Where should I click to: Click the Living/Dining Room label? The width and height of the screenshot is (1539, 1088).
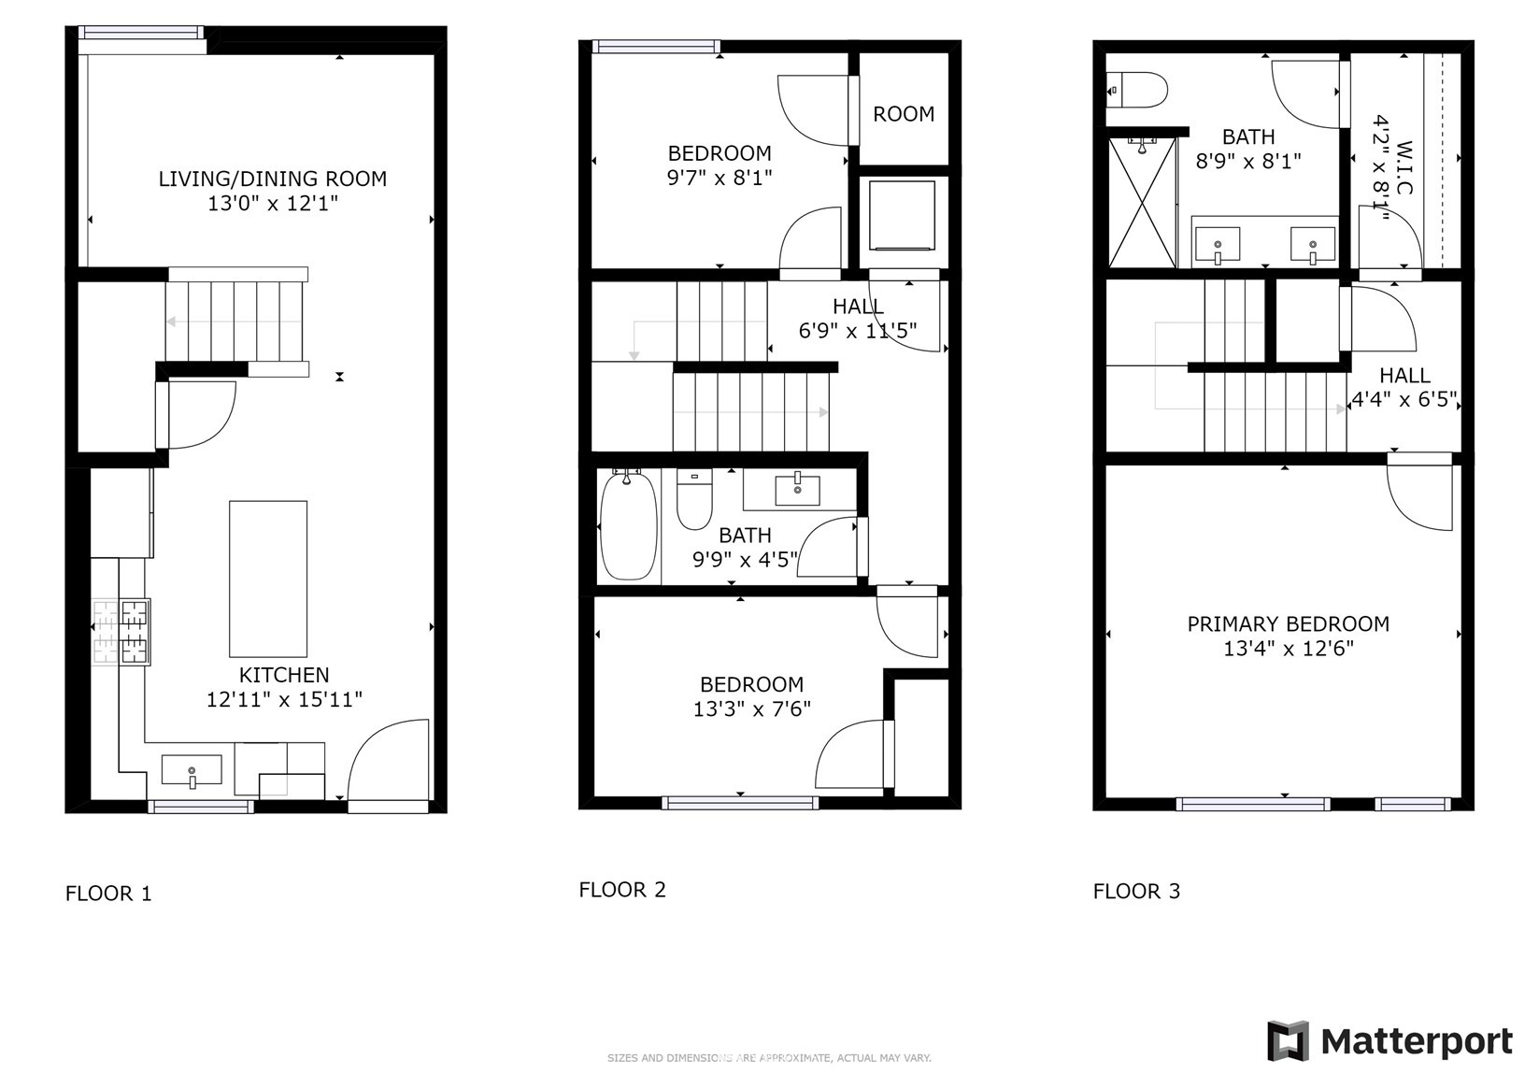[x=273, y=179]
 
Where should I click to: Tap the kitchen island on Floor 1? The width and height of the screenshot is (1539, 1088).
[x=268, y=579]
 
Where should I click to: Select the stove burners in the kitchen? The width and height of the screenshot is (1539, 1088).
[x=121, y=632]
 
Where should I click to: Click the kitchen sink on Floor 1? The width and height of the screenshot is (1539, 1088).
[x=192, y=770]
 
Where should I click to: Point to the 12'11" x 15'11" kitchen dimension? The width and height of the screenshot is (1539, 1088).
[x=284, y=700]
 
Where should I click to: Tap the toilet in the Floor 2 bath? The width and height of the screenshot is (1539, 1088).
[x=694, y=499]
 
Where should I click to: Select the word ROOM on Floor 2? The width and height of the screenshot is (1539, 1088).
[x=904, y=114]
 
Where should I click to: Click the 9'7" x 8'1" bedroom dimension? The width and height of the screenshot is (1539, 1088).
[x=720, y=178]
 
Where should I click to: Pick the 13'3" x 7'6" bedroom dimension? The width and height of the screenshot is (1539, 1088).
[x=751, y=709]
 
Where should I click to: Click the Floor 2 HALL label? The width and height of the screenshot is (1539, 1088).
[x=858, y=306]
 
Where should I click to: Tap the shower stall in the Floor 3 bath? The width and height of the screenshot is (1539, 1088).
[x=1143, y=202]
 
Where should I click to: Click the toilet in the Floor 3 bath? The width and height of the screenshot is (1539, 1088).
[x=1136, y=90]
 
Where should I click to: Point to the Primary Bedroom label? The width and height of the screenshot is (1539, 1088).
[x=1289, y=624]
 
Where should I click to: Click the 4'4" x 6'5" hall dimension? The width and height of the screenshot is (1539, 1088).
[x=1404, y=399]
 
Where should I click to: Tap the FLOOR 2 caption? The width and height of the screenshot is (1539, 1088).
[x=622, y=890]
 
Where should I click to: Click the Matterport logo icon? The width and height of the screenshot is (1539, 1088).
[x=1289, y=1040]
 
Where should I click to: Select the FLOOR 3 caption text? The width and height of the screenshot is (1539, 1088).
[x=1136, y=892]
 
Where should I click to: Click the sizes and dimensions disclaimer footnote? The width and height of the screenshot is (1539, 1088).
[x=770, y=1058]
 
